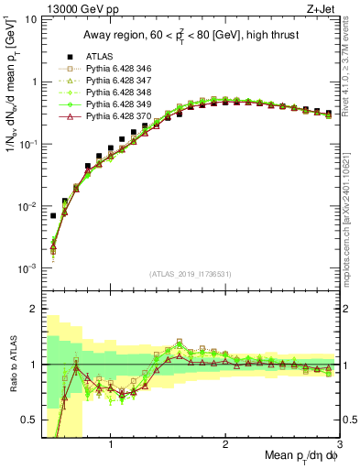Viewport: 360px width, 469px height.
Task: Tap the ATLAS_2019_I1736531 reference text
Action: click(x=190, y=274)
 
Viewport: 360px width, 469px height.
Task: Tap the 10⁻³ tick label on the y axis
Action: click(x=27, y=268)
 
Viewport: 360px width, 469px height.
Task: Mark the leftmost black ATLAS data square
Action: click(x=53, y=216)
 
